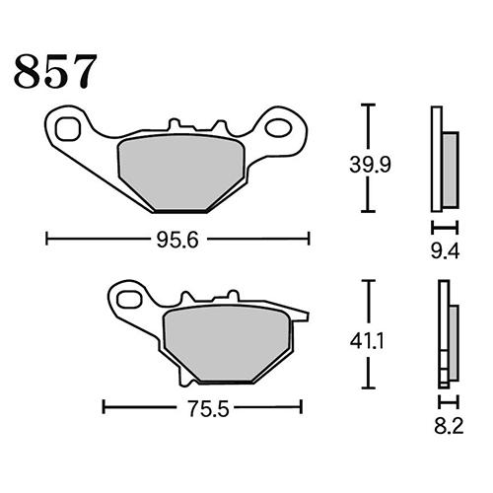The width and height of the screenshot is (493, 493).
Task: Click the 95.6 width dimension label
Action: (x=178, y=238)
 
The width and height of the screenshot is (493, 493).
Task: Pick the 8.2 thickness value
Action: (x=446, y=427)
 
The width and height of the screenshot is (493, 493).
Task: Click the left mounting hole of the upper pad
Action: (x=68, y=127)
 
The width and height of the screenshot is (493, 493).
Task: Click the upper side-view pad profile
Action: (x=444, y=158)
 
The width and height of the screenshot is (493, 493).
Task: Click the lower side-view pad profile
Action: (x=446, y=335)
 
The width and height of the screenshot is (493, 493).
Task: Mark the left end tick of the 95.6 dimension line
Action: (x=46, y=238)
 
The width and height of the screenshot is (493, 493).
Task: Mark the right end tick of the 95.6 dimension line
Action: (x=310, y=238)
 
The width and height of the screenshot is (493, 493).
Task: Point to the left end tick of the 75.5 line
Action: (x=105, y=406)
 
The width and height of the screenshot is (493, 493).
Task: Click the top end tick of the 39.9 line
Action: (x=369, y=104)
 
